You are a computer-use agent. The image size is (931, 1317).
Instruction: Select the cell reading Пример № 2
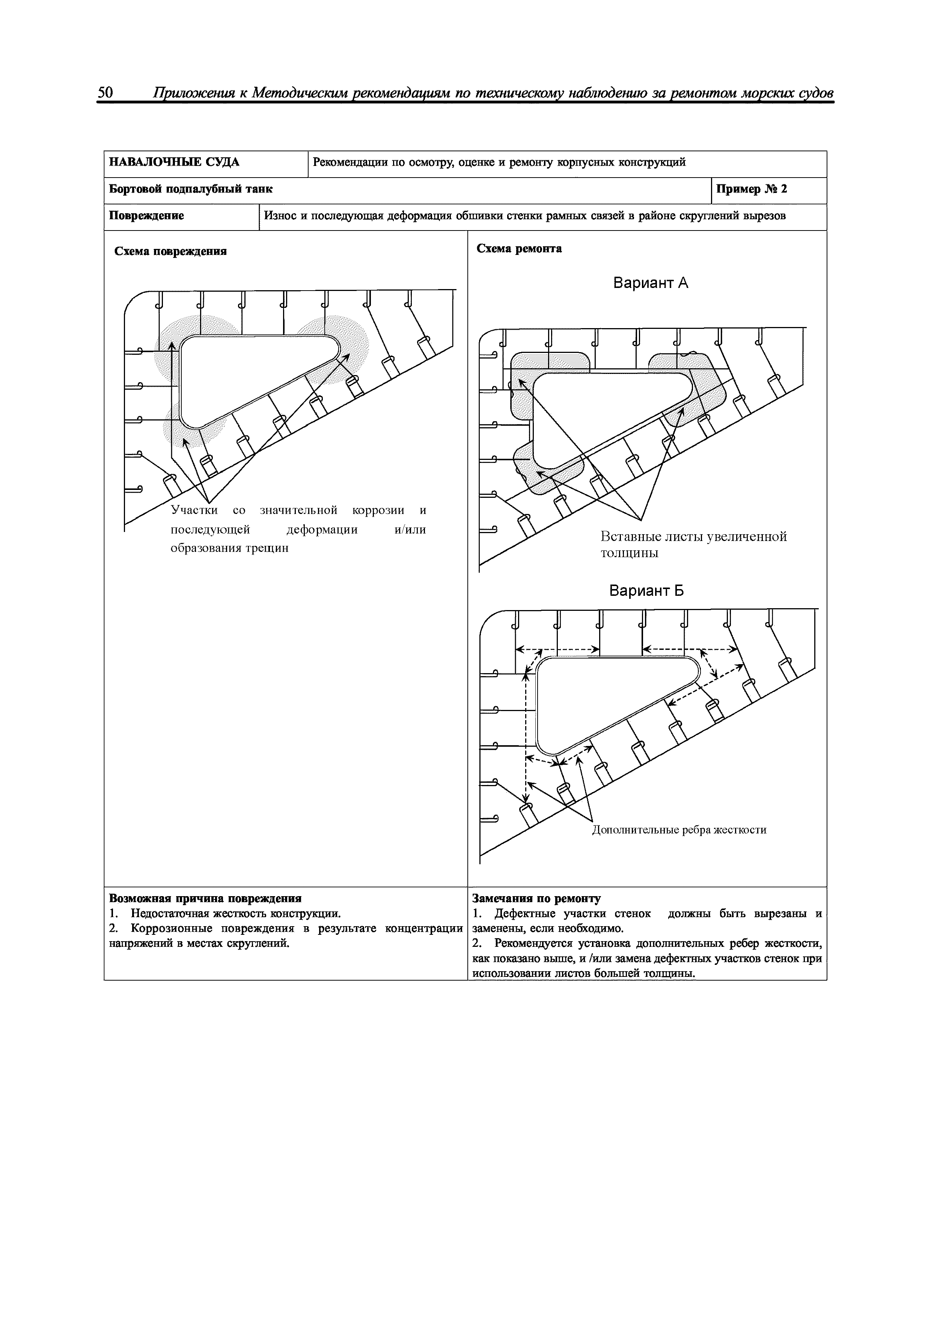(752, 189)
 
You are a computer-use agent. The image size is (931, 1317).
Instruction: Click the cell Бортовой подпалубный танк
(191, 189)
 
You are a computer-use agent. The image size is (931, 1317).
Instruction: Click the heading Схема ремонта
(519, 249)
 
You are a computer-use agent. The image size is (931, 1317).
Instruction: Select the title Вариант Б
(646, 591)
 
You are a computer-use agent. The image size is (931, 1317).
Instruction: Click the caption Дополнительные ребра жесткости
(679, 830)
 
